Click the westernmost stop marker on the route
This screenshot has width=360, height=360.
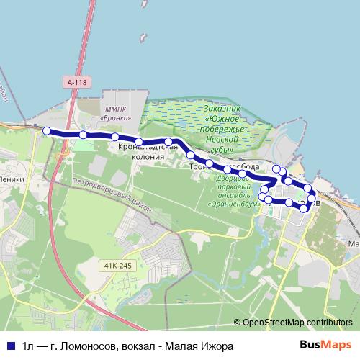click(x=47, y=130)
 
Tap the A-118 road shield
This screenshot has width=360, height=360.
click(x=76, y=83)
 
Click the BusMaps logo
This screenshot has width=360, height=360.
click(x=326, y=345)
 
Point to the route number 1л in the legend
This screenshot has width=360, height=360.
click(x=28, y=346)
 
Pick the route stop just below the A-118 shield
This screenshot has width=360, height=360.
click(x=83, y=135)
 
